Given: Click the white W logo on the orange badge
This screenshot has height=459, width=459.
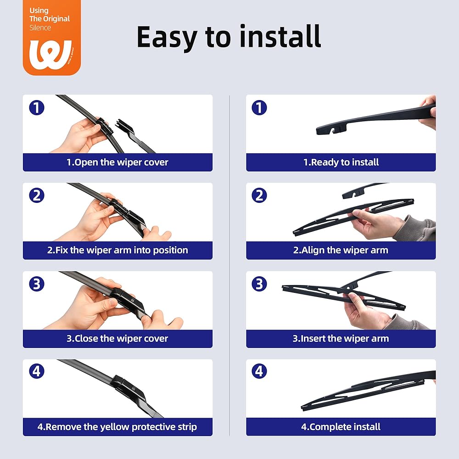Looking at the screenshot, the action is click(x=50, y=55).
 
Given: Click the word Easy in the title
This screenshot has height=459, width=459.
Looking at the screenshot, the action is click(x=167, y=37).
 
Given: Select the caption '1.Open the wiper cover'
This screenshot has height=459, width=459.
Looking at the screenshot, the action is click(x=118, y=162).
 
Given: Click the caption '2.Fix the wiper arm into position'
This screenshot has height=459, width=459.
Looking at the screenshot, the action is click(x=118, y=250).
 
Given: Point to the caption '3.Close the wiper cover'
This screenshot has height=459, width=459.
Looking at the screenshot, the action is click(x=118, y=339).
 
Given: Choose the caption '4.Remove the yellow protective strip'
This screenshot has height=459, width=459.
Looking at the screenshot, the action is click(x=118, y=427).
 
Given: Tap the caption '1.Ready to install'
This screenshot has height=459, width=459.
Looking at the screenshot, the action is click(x=341, y=162).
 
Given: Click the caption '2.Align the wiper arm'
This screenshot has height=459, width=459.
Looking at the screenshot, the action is click(x=341, y=250).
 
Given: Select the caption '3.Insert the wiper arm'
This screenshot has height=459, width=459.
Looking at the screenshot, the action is click(x=341, y=339).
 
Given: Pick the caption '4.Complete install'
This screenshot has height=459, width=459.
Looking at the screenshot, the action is click(x=341, y=427).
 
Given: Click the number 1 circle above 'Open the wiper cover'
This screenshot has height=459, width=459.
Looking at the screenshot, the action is click(x=37, y=107).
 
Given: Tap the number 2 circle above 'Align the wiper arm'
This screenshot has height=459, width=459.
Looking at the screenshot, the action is click(x=259, y=195).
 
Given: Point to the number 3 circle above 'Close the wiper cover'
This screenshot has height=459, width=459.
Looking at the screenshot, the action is click(x=37, y=284).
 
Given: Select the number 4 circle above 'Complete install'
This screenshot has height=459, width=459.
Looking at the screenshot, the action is click(x=259, y=371).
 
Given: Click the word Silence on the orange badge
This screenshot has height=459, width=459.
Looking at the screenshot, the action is click(x=40, y=28).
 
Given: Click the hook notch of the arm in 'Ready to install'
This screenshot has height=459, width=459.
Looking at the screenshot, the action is click(x=333, y=130).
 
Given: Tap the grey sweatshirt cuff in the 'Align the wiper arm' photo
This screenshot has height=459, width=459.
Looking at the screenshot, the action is click(x=416, y=228).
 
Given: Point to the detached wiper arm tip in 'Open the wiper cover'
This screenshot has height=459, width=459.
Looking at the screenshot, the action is click(x=123, y=124).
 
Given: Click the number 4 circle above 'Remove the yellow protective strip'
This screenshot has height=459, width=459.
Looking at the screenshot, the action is click(x=37, y=371).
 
